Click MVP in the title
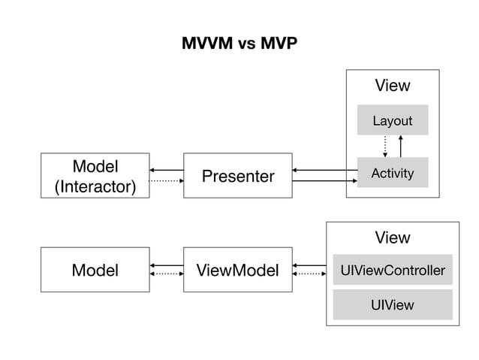point(278,43)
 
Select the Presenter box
point(237,176)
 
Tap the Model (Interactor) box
point(95,176)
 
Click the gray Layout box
point(392,120)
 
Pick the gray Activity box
point(392,173)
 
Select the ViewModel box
point(237,270)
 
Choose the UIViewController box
point(392,270)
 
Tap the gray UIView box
point(392,304)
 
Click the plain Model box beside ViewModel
point(95,270)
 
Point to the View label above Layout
point(392,86)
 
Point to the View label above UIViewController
point(392,237)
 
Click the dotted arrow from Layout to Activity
point(384,146)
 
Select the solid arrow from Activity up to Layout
point(401,146)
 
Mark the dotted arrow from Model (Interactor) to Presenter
point(166,181)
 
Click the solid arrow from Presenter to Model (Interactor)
point(166,171)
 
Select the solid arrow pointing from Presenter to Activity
point(324,181)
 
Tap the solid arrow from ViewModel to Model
point(166,265)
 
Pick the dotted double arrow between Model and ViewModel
point(166,274)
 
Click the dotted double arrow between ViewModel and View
point(309,274)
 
